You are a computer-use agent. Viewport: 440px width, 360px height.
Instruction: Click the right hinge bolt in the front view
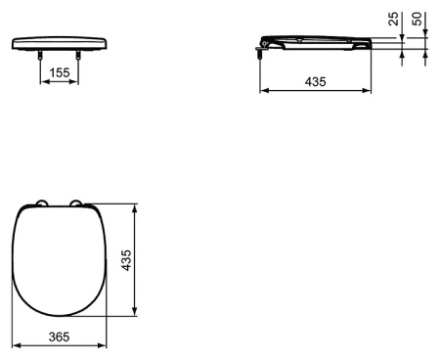click(78, 58)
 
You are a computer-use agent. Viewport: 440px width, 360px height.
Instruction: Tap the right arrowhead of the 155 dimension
click(76, 82)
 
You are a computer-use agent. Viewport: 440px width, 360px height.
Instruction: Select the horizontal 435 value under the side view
click(315, 82)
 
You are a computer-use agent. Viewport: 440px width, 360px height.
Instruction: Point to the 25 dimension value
click(393, 19)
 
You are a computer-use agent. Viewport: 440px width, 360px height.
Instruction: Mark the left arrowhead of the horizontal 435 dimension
click(262, 93)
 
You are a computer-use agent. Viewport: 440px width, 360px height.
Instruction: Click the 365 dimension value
click(60, 335)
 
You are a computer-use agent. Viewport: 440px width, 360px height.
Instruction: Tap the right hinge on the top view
click(78, 203)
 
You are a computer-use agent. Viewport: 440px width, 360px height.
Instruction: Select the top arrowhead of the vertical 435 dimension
click(134, 205)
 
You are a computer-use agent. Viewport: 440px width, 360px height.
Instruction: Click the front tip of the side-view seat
click(370, 45)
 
